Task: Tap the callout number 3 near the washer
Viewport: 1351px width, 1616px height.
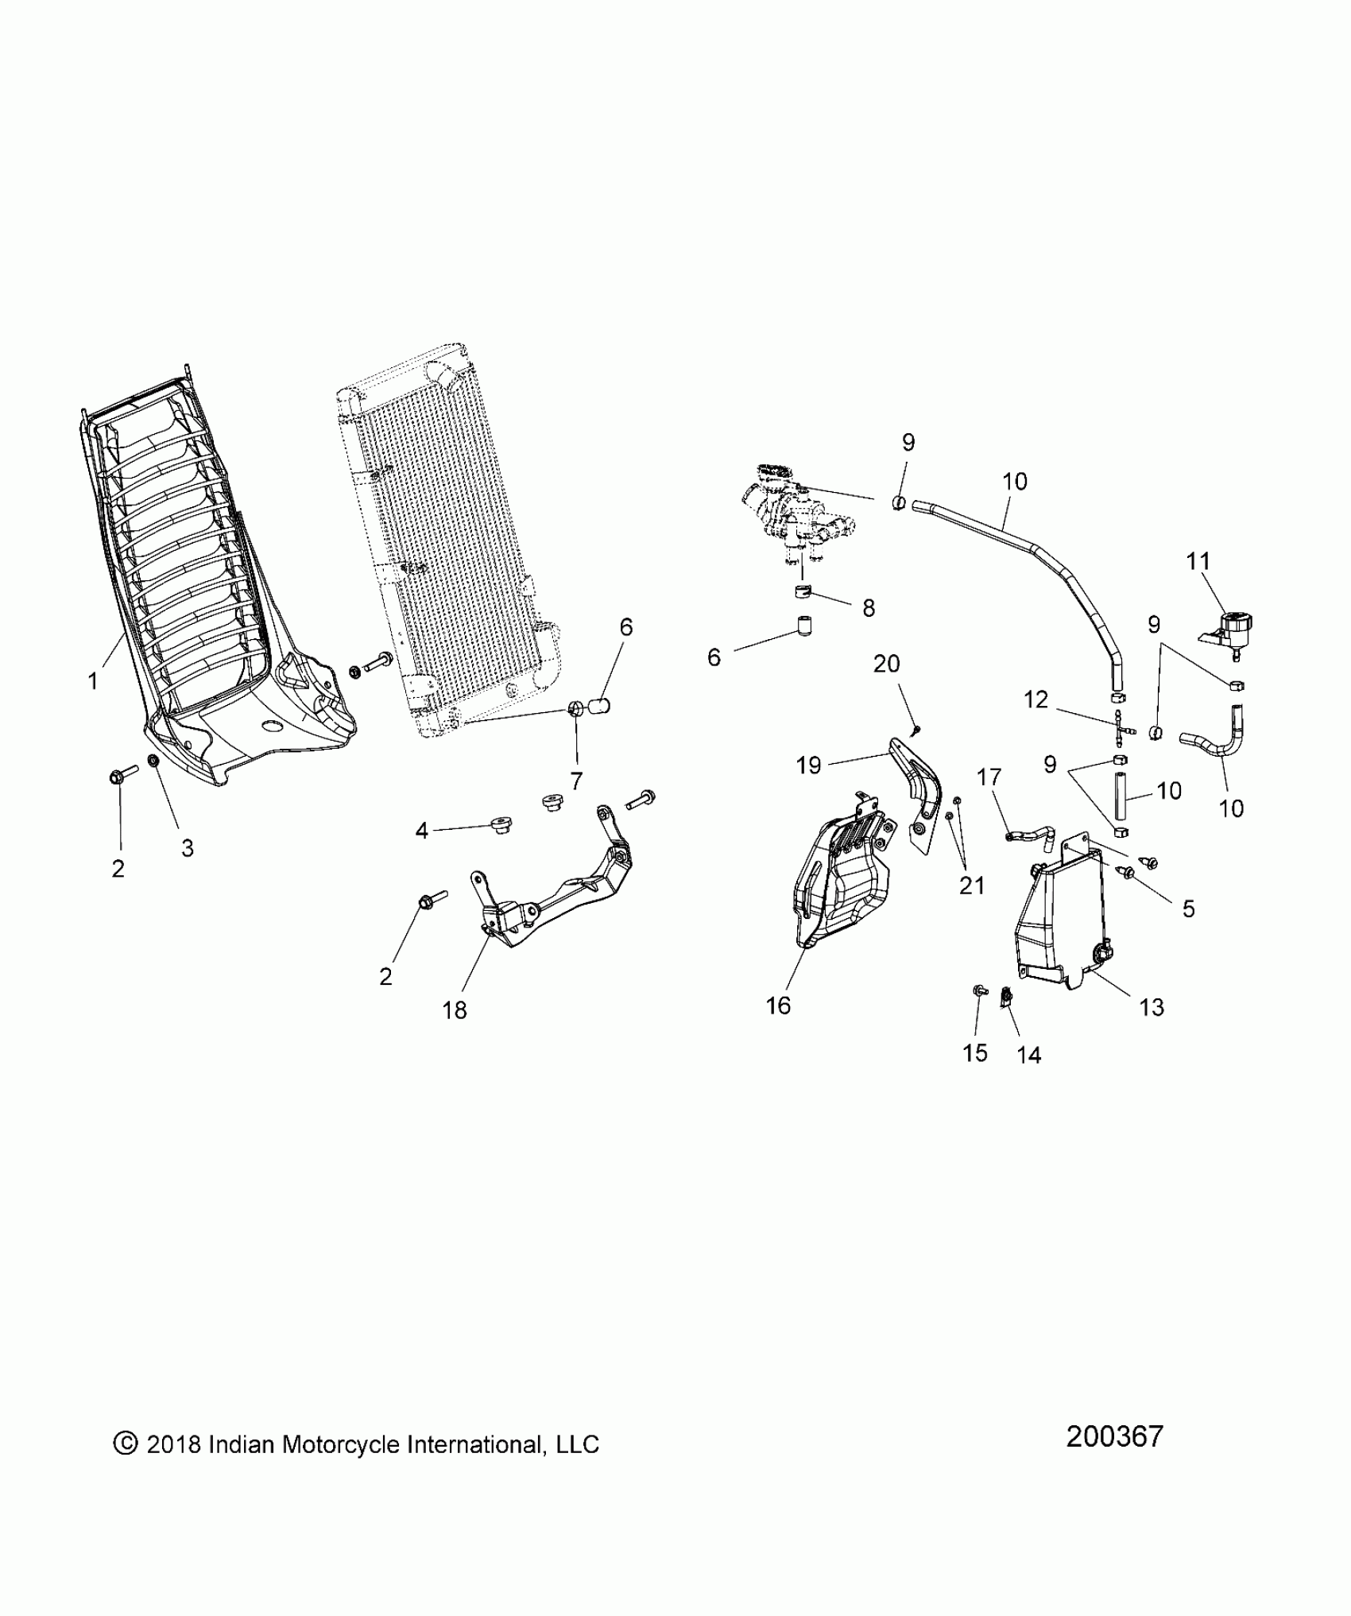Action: (x=188, y=848)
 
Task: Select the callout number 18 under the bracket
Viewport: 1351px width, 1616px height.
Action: (x=455, y=1010)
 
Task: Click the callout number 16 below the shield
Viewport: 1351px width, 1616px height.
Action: (x=779, y=1006)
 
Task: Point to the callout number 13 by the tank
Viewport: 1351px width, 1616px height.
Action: (x=1152, y=1007)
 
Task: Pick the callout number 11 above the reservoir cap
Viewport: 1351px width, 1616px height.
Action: (x=1198, y=561)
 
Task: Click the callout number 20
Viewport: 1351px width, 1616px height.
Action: (x=887, y=663)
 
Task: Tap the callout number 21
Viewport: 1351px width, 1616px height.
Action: (x=972, y=885)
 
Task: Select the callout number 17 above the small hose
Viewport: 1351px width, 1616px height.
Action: (x=989, y=777)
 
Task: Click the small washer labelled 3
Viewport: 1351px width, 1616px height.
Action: (x=154, y=762)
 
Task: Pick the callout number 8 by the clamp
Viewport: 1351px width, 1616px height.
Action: (x=869, y=608)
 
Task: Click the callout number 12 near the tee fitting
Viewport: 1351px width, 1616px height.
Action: (x=1036, y=699)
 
